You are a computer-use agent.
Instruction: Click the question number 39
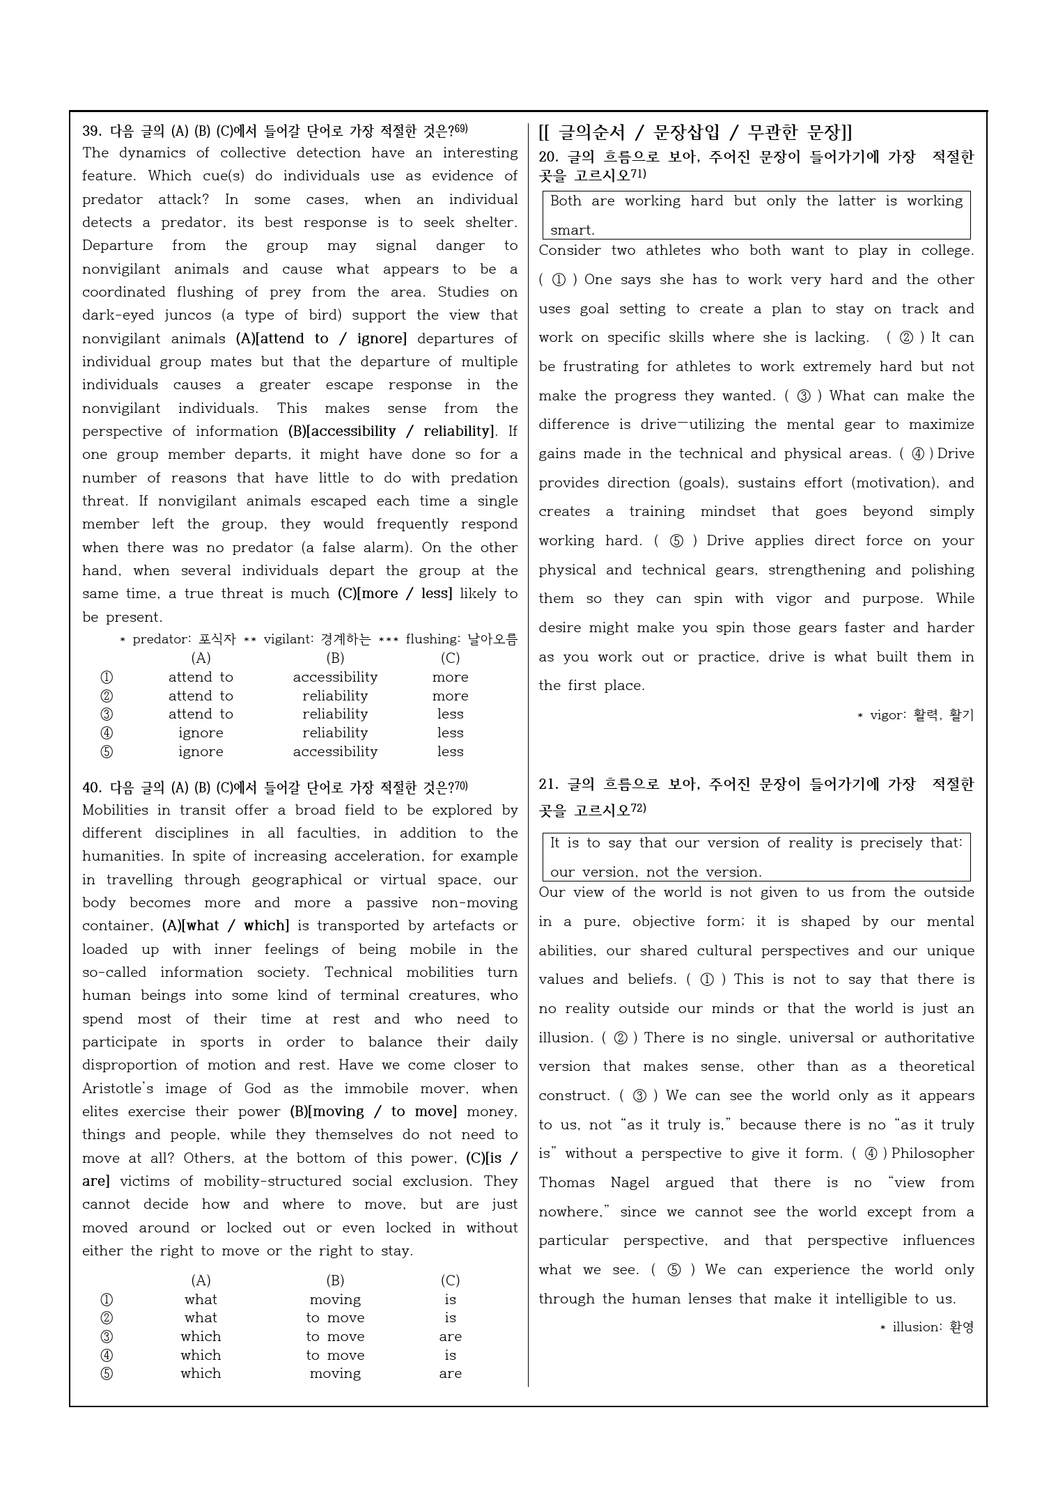point(91,131)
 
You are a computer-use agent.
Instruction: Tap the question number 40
point(91,787)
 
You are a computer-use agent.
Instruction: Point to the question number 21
point(548,785)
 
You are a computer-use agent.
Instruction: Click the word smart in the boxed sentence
point(571,230)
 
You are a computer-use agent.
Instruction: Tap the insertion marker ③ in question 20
point(803,396)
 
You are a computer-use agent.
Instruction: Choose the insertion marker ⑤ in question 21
point(674,1270)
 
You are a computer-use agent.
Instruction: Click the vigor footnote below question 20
point(915,715)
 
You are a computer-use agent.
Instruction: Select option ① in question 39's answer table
point(107,677)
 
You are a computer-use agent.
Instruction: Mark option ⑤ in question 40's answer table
point(107,1374)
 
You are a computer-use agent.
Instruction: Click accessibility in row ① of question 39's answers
point(335,677)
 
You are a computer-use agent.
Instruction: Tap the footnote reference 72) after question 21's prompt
point(639,808)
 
